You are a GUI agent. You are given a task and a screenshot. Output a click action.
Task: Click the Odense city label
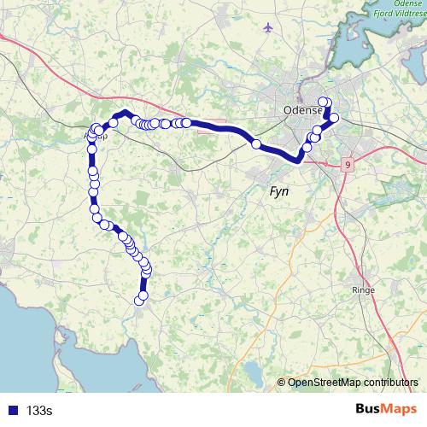pyautogui.click(x=302, y=111)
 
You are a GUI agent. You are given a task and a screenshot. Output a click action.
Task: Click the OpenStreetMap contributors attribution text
pyautogui.click(x=352, y=383)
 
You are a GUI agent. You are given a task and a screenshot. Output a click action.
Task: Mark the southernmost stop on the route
pyautogui.click(x=142, y=297)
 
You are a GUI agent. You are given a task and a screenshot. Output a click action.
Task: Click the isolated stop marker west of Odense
pyautogui.click(x=255, y=144)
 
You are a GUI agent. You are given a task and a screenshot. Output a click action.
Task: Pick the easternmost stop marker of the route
pyautogui.click(x=334, y=118)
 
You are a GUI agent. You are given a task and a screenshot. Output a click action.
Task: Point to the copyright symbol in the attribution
pyautogui.click(x=283, y=383)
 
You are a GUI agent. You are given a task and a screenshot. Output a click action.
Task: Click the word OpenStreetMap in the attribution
pyautogui.click(x=325, y=383)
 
